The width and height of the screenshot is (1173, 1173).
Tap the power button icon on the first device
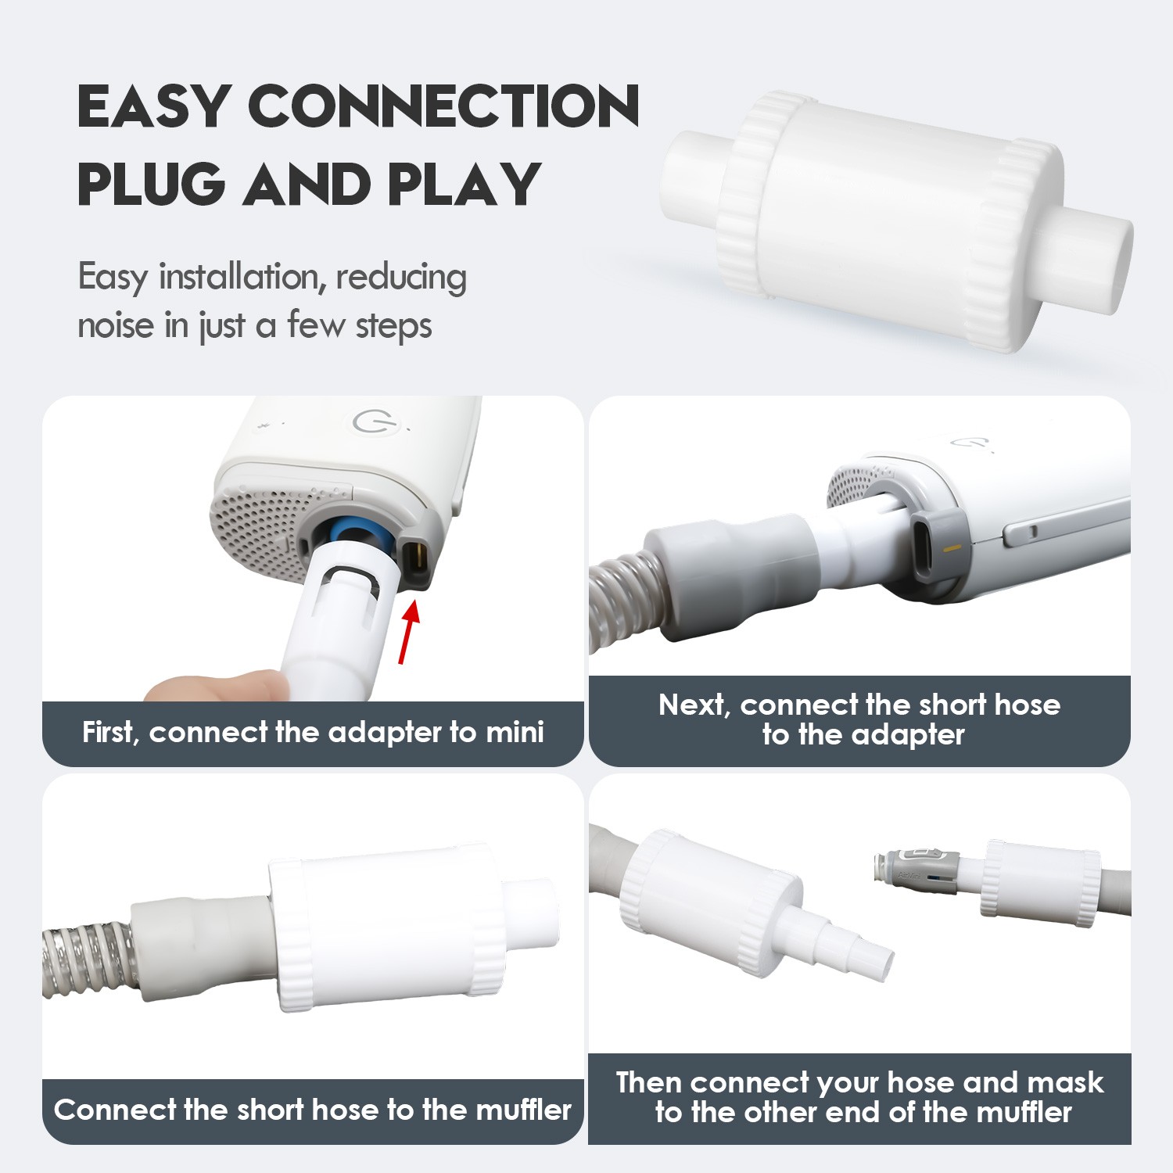369,421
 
